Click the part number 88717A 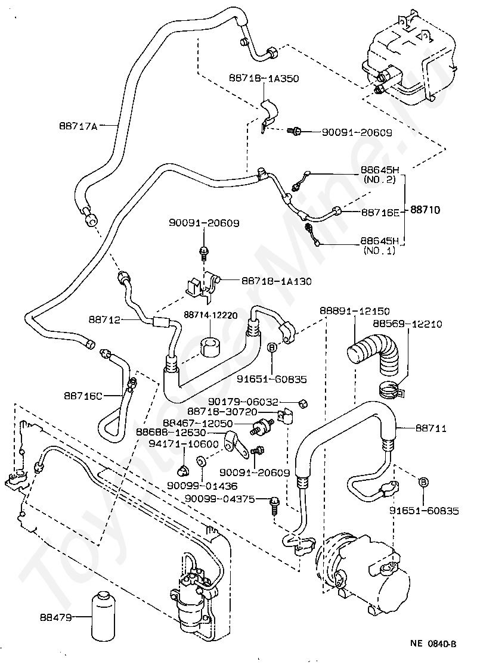pos(78,126)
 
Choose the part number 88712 pos(106,320)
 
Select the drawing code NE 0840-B pos(433,644)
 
